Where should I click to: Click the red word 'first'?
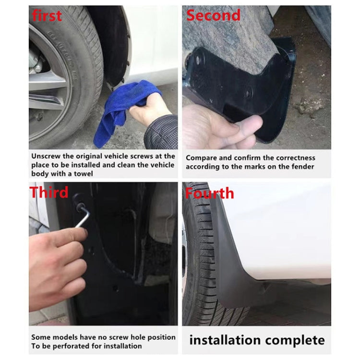(x=47, y=15)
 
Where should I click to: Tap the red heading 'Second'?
(x=213, y=15)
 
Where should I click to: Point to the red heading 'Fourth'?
(x=209, y=193)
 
